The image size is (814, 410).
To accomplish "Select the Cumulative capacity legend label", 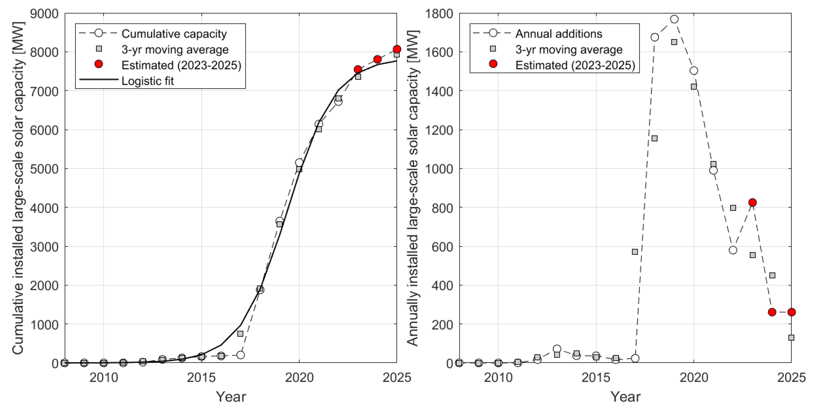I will click(174, 34).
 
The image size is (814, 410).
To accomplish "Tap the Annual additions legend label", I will click(559, 34).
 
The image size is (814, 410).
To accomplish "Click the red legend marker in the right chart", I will click(493, 64).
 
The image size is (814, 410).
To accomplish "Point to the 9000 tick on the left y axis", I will click(44, 14).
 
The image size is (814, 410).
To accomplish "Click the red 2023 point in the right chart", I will click(752, 202).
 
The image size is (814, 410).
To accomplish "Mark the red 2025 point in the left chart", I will click(397, 49).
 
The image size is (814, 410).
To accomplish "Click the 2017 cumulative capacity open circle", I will click(240, 355).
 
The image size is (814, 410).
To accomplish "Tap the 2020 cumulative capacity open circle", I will click(299, 163).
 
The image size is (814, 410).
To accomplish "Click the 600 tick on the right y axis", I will click(442, 246).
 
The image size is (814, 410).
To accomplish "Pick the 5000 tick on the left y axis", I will click(44, 169).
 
